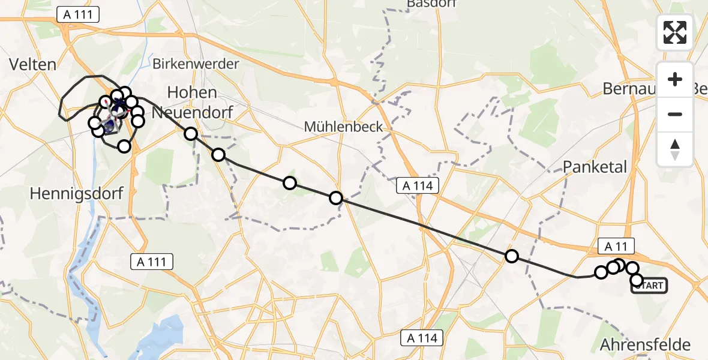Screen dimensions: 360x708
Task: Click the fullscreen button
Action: click(675, 32)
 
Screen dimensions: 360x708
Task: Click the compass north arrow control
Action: click(675, 149)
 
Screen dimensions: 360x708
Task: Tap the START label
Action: click(649, 286)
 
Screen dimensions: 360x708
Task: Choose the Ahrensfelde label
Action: click(645, 345)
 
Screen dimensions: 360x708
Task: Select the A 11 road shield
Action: click(616, 245)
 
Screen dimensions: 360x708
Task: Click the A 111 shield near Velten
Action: click(78, 15)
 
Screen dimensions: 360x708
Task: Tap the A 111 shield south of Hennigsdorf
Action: click(152, 261)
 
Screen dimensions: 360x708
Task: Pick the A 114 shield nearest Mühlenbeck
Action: click(418, 186)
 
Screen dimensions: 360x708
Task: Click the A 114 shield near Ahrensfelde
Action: click(422, 338)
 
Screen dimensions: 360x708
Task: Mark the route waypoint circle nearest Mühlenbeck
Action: click(336, 198)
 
